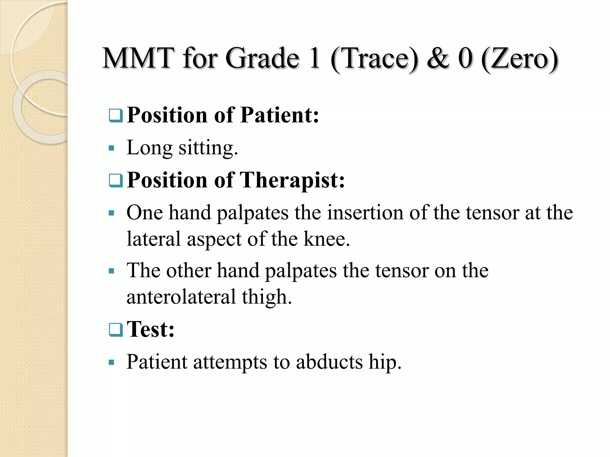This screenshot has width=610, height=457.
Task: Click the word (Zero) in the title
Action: point(519,59)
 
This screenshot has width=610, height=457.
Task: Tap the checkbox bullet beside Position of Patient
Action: point(116,116)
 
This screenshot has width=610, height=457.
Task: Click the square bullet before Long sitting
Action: point(112,148)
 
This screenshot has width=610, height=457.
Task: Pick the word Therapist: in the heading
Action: point(292,180)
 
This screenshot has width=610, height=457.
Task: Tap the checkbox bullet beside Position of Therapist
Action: point(116,181)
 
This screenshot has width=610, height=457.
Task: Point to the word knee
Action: point(326,239)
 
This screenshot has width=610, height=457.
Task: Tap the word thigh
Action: point(267,297)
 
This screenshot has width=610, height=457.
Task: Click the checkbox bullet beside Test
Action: point(116,330)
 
